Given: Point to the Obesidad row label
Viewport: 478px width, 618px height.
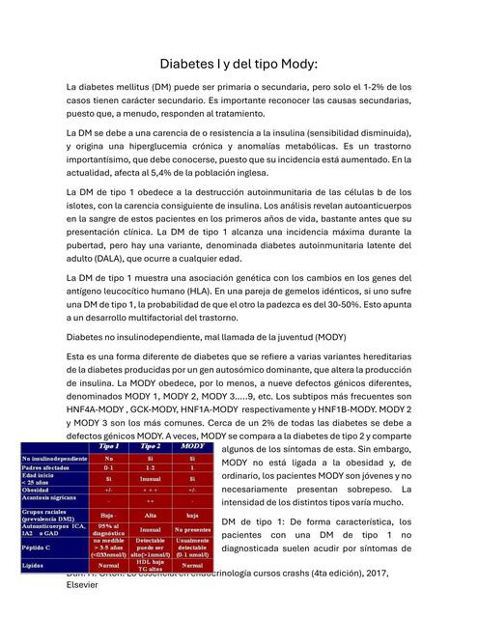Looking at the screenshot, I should pyautogui.click(x=40, y=491).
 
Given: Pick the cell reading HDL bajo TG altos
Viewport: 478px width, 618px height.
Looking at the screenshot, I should pyautogui.click(x=150, y=566).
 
